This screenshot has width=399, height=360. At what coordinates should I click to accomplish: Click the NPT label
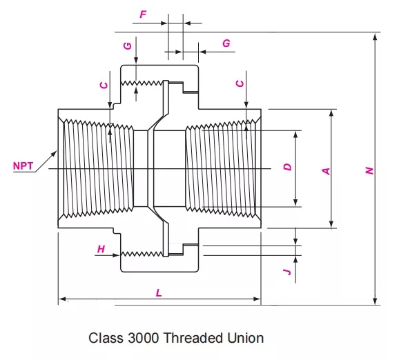pos(23,166)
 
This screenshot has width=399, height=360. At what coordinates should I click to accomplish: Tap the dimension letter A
pos(327,170)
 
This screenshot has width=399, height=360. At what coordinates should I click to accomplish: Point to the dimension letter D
pos(289,166)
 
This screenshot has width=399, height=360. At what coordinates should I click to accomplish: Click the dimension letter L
pos(159,292)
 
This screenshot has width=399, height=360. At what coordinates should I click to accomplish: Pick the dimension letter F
pos(143,13)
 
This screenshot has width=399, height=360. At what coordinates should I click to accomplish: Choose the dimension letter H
pos(101,250)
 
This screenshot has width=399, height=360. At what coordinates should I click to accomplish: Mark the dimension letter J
pos(289,272)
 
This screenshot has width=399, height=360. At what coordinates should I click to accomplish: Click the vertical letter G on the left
pos(127,46)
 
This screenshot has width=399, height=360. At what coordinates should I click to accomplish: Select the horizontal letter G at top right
pos(226,43)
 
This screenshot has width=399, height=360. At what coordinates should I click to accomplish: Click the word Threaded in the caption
pos(198,339)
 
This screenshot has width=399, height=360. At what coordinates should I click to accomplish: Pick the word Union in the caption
pos(248,339)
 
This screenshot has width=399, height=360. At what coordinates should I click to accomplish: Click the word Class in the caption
pos(104,339)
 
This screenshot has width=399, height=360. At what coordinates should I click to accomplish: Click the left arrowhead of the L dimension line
pos(61,299)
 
